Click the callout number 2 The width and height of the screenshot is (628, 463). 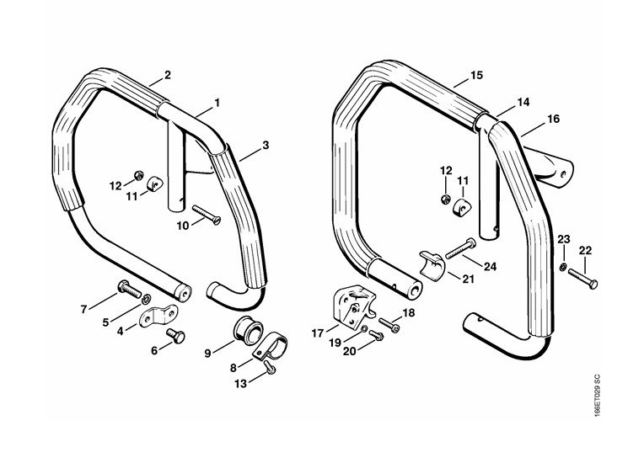coord(168,75)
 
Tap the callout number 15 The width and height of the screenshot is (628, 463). coord(476,76)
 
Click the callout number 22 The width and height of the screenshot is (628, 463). coord(586,250)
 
